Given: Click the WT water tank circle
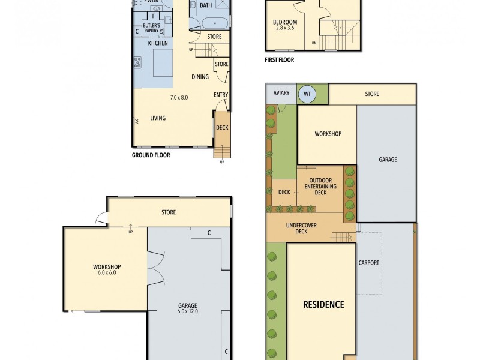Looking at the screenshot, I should (x=307, y=94).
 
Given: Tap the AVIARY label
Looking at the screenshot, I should (x=281, y=93).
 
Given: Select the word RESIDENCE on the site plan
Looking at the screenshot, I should (x=323, y=304).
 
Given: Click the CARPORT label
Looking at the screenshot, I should (x=368, y=263).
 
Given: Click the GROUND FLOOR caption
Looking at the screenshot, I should (x=151, y=155).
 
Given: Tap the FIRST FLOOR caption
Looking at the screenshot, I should (x=279, y=60).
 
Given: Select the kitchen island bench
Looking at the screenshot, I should (x=162, y=62).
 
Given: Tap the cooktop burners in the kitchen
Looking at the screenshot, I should (x=137, y=61).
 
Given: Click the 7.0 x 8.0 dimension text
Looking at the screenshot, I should (x=179, y=97).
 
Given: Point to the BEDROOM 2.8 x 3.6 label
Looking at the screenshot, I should (x=284, y=25).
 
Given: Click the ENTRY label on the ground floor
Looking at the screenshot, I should (x=221, y=95).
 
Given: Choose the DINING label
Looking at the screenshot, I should (x=200, y=77).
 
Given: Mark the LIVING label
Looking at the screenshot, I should (x=158, y=118).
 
